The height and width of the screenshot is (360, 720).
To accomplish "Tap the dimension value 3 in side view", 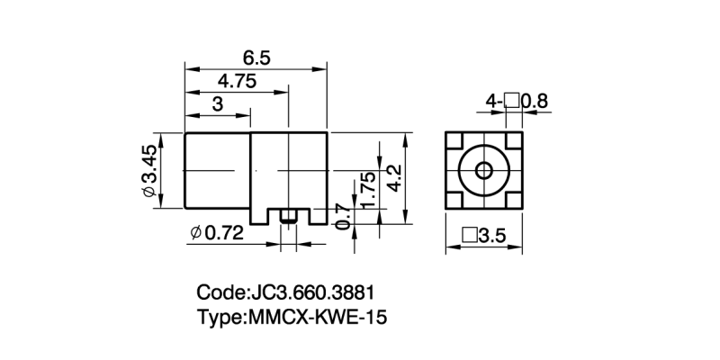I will tap(216, 104).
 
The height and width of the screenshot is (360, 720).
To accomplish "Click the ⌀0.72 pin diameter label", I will tap(218, 233).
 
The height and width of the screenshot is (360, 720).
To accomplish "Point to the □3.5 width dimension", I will tap(484, 237).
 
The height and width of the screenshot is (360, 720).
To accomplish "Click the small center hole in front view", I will tap(484, 170).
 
